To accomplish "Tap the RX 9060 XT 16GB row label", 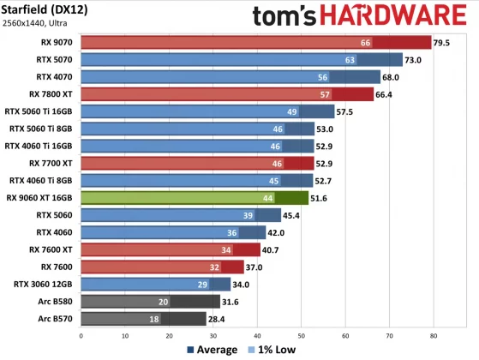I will coord(39,197).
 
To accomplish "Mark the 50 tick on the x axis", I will coord(301,336).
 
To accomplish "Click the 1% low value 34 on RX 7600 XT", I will coord(226,249).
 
